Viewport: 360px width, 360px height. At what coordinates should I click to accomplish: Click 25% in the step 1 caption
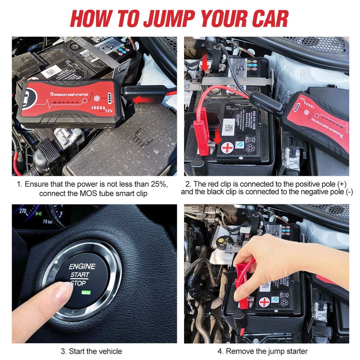157,184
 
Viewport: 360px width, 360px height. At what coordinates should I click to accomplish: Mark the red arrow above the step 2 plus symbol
217,135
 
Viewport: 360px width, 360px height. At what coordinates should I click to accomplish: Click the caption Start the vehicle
91,351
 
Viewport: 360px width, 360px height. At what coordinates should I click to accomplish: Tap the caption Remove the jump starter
266,351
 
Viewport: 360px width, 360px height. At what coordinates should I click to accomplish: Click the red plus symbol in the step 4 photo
265,302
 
